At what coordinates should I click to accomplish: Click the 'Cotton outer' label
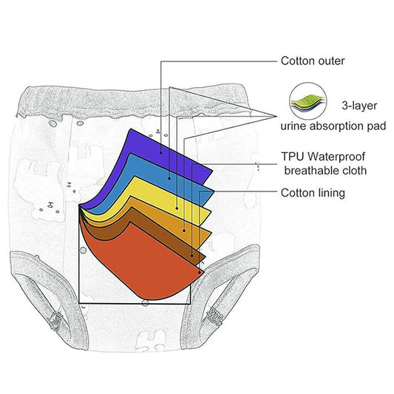(313, 61)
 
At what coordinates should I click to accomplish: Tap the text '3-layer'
(359, 106)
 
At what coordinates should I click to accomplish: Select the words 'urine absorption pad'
(333, 126)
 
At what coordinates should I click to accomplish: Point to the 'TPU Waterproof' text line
(323, 156)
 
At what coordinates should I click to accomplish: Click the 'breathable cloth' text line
(325, 171)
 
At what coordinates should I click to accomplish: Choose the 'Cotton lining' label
(313, 193)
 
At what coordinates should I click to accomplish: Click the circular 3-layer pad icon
(308, 101)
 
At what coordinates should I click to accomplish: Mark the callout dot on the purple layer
(161, 152)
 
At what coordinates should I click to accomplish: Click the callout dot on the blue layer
(169, 178)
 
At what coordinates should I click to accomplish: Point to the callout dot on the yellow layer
(177, 208)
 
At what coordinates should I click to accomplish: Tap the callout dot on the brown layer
(192, 256)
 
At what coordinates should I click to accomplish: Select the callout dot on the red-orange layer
(200, 272)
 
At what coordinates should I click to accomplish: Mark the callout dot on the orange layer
(184, 231)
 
